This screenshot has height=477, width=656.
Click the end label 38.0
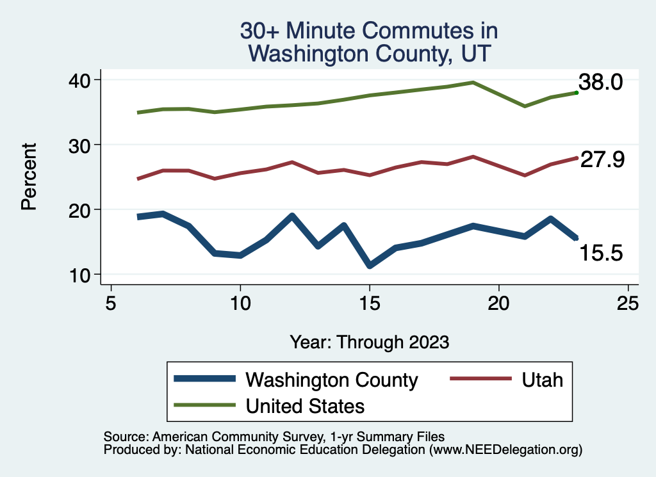pyautogui.click(x=601, y=83)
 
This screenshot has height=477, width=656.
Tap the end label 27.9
pyautogui.click(x=602, y=160)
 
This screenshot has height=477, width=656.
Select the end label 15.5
pyautogui.click(x=601, y=254)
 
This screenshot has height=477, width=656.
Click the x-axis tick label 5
pyautogui.click(x=111, y=303)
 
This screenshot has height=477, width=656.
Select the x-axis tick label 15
pyautogui.click(x=369, y=303)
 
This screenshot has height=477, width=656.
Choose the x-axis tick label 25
pyautogui.click(x=628, y=303)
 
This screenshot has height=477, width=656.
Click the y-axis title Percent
pyautogui.click(x=28, y=177)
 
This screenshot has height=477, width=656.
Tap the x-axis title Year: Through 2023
pyautogui.click(x=369, y=341)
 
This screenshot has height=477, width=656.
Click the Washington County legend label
pyautogui.click(x=332, y=380)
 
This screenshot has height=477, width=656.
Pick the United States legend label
pyautogui.click(x=305, y=406)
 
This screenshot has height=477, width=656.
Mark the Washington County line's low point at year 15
pyautogui.click(x=370, y=264)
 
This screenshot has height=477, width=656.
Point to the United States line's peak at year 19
pyautogui.click(x=473, y=83)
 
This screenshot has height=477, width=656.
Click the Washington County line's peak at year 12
pyautogui.click(x=292, y=216)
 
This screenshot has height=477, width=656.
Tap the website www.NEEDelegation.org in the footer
pyautogui.click(x=505, y=450)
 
